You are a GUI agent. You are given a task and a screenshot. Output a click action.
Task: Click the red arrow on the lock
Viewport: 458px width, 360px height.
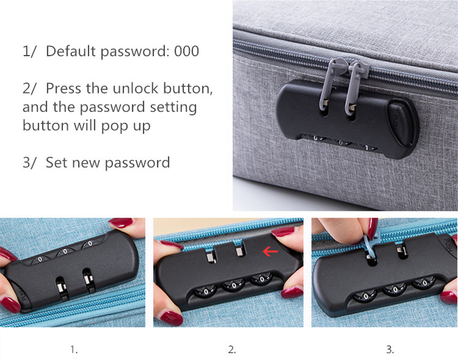270,251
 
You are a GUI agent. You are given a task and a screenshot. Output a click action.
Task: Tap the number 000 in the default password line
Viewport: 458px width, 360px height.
187,51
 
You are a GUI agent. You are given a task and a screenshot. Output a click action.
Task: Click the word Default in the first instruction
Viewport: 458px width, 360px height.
71,51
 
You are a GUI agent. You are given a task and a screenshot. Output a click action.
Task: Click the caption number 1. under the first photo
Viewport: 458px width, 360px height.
74,349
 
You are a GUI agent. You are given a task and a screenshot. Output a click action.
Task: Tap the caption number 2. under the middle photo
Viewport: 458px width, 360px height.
231,349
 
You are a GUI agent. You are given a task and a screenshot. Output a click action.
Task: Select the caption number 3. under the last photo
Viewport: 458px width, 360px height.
390,349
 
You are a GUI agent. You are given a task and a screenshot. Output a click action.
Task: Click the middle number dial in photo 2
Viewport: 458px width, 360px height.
233,285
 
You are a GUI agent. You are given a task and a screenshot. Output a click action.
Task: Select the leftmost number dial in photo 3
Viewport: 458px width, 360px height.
365,296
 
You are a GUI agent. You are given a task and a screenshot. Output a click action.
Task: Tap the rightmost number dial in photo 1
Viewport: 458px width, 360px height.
90,244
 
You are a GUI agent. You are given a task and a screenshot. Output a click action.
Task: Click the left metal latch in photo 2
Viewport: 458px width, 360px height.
211,257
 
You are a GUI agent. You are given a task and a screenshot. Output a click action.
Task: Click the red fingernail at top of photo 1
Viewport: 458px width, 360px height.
121,222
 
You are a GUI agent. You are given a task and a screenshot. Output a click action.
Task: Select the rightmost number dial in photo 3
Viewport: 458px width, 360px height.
424,283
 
